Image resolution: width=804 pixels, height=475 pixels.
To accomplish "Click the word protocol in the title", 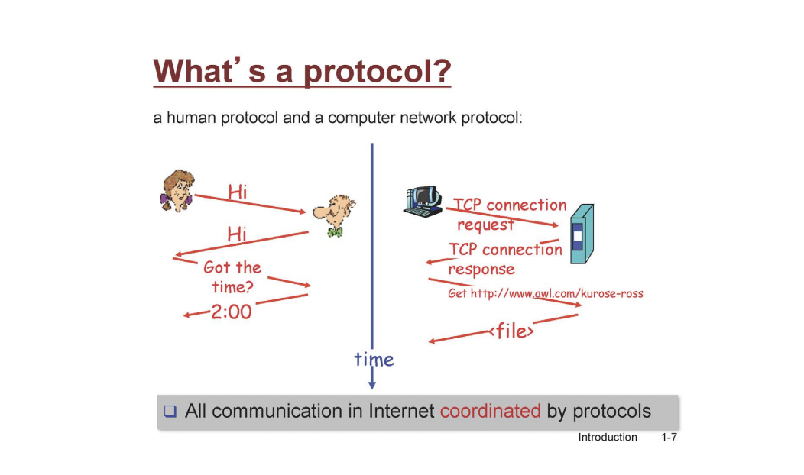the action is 377,71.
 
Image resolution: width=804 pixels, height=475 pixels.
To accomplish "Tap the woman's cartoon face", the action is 177,191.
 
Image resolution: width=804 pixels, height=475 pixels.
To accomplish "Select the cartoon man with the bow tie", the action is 334,215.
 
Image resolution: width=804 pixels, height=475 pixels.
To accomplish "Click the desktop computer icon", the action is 423,202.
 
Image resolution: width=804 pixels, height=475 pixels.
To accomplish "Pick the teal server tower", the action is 582,234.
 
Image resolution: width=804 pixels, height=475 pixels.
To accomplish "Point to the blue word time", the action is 374,359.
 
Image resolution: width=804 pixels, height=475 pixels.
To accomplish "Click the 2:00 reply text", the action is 232,312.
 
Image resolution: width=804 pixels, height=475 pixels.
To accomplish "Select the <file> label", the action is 512,331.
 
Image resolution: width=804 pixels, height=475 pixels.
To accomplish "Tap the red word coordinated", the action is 490,411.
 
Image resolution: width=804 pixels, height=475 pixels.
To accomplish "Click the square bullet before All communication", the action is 170,411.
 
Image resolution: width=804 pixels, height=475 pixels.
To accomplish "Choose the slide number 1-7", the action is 669,437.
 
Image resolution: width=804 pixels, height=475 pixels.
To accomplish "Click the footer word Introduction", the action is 608,437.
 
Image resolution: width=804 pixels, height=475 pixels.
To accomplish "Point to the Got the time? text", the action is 232,276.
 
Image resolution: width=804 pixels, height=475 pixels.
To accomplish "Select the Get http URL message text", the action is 546,293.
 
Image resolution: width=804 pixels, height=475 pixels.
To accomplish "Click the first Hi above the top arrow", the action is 238,192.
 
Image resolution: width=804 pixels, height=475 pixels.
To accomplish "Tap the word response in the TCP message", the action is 481,270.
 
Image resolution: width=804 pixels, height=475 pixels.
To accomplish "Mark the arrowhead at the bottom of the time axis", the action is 372,384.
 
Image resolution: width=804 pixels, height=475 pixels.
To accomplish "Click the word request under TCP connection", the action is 485,225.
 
